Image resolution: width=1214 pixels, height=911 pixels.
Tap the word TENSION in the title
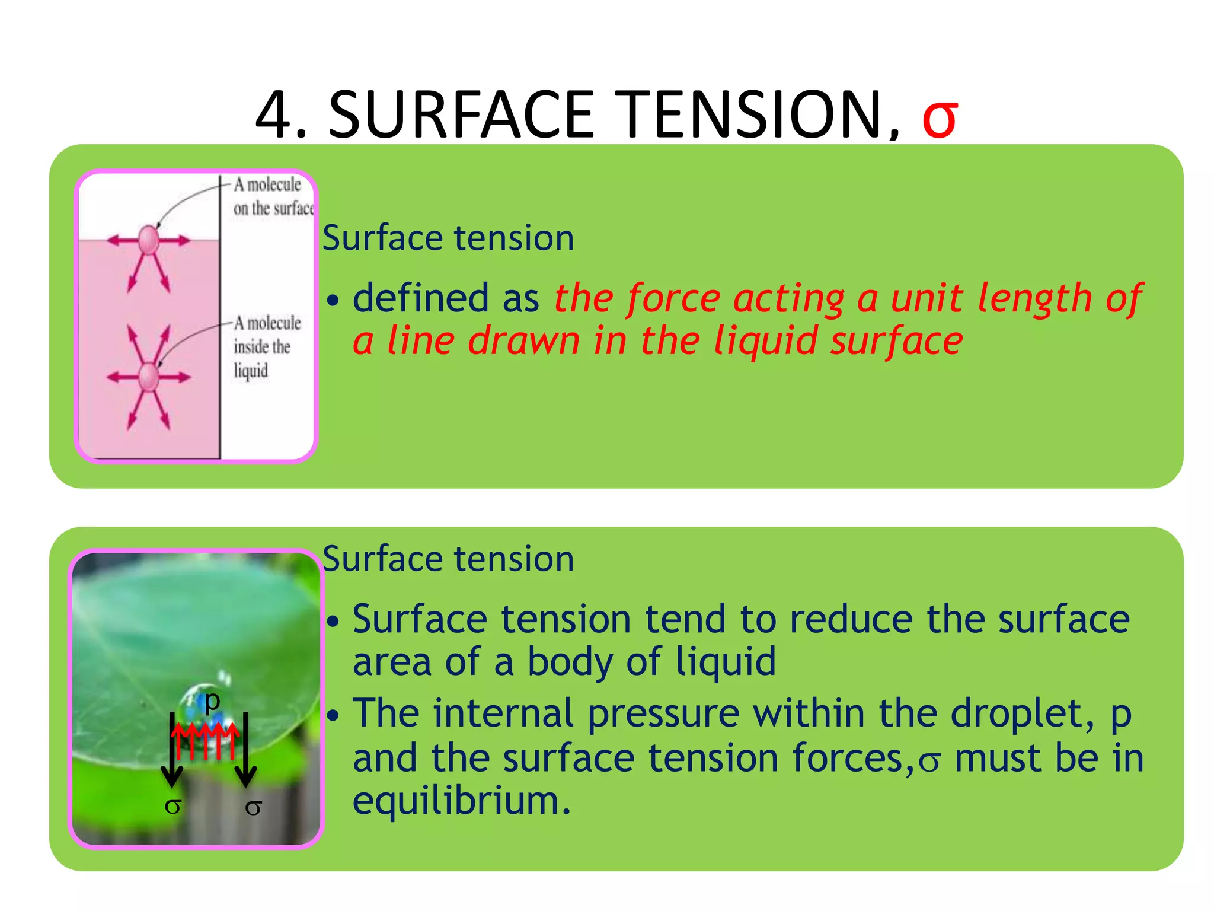point(753,114)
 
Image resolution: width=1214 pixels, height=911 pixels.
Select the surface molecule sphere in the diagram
point(148,240)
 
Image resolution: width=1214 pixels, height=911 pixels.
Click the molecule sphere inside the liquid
point(148,377)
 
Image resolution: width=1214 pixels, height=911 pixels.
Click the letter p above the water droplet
point(212,700)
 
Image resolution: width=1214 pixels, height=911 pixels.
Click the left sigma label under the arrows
point(172,806)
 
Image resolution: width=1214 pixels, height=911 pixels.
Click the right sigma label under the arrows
point(253,807)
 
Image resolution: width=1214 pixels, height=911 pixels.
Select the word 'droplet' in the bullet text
point(1017,713)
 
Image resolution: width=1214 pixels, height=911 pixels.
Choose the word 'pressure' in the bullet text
point(663,713)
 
